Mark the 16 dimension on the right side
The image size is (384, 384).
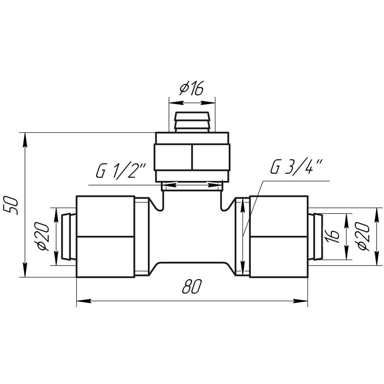(x=334, y=237)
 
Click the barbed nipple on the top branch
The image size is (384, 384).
(x=192, y=122)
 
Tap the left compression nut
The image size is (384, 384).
(x=106, y=237)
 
